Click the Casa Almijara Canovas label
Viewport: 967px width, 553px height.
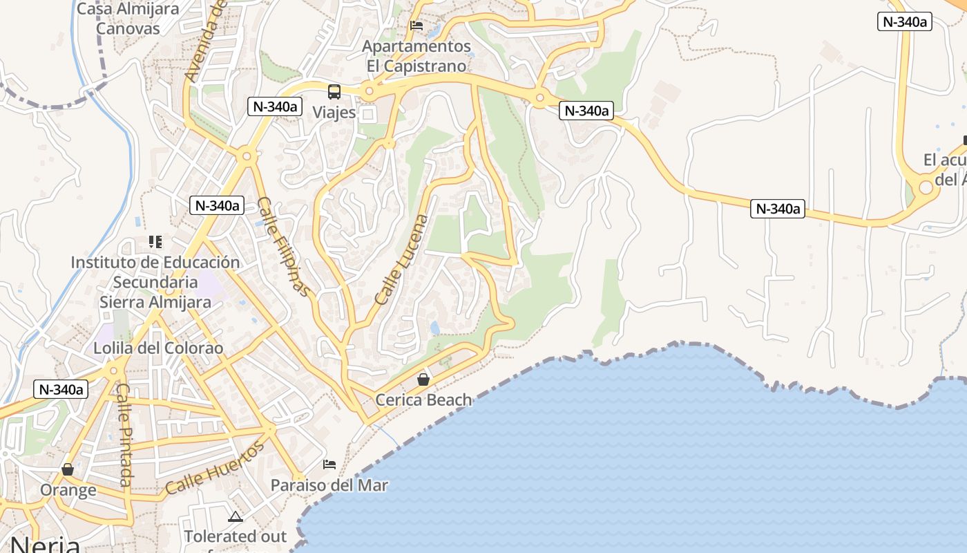point(128,19)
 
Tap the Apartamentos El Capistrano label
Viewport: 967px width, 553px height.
point(417,56)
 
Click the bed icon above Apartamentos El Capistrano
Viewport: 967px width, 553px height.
point(417,26)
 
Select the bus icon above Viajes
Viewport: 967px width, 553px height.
point(334,91)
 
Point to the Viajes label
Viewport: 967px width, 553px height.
point(334,112)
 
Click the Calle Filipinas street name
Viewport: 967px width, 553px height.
point(284,246)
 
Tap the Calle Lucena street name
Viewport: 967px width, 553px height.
point(402,260)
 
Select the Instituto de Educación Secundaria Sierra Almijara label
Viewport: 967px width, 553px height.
point(155,282)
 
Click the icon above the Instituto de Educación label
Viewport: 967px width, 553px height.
point(155,242)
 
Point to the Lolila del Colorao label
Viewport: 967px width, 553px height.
point(159,348)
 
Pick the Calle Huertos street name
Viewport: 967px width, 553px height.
point(215,468)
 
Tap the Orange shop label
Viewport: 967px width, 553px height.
point(68,490)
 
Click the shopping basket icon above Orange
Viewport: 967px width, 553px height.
point(68,470)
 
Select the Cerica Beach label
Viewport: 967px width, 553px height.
point(423,400)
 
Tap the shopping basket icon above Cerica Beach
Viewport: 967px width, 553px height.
point(423,379)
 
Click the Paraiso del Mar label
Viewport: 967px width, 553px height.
point(329,485)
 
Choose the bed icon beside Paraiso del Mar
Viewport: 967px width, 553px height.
point(329,464)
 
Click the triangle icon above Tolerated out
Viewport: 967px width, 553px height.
point(236,516)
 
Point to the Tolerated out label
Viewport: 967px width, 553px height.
point(235,536)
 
